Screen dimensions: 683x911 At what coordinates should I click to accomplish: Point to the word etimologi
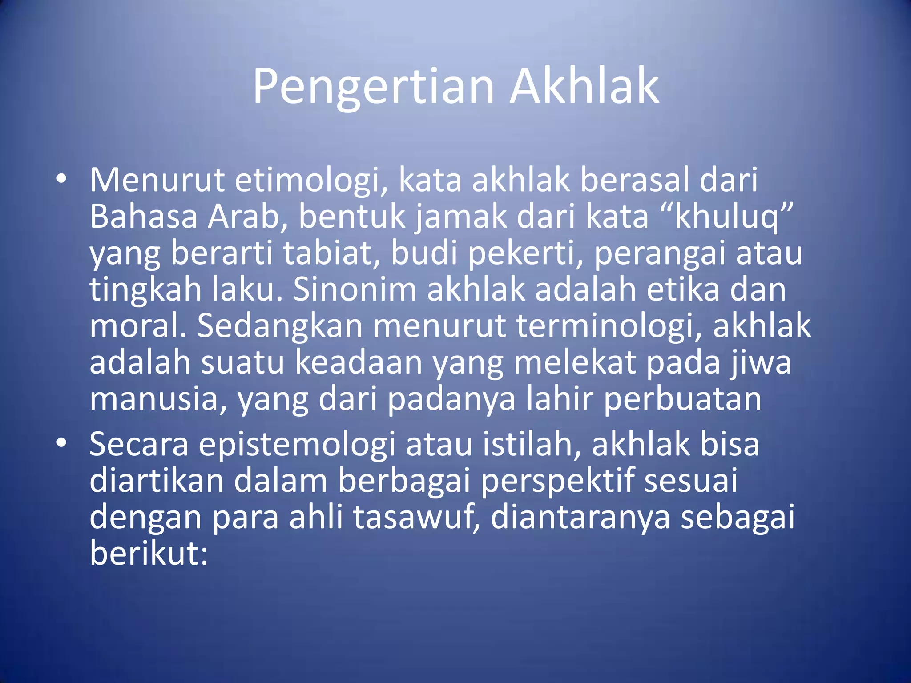310,181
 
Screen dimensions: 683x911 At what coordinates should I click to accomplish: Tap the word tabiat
331,253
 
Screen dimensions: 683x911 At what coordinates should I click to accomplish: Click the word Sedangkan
280,326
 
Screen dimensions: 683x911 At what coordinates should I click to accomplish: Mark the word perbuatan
682,399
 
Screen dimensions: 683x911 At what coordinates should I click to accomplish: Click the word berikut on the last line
148,554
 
